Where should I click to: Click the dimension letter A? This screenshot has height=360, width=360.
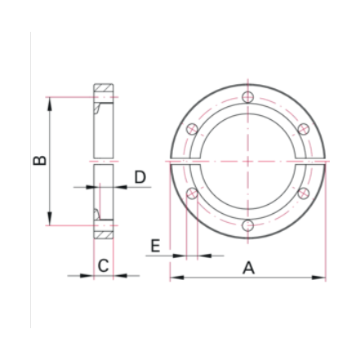(249, 267)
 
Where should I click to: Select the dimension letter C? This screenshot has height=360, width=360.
(103, 265)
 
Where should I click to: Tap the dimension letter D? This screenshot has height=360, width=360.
(140, 177)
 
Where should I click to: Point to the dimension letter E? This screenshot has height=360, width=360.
(156, 245)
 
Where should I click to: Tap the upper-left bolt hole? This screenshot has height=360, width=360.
(193, 129)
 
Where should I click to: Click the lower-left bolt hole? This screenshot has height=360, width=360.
(193, 193)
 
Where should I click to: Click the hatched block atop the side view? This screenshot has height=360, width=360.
(103, 89)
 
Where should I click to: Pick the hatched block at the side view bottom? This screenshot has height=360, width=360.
(103, 233)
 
